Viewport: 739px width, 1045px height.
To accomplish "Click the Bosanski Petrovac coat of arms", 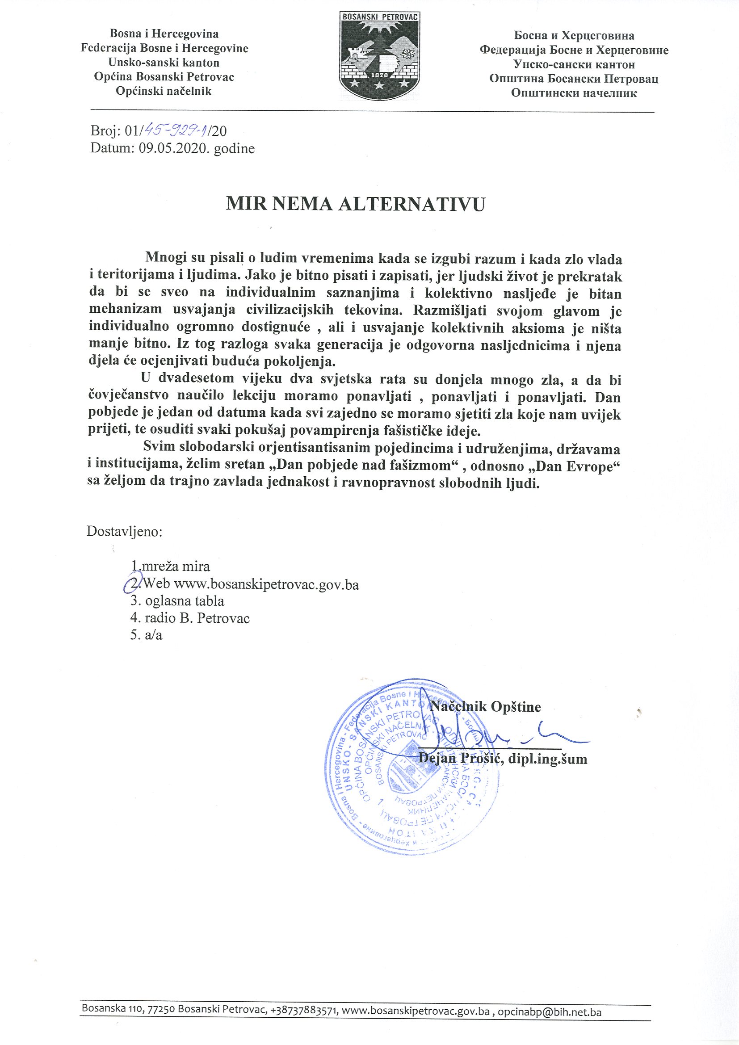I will (379, 56).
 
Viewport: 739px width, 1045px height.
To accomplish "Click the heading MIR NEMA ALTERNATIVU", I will (355, 204).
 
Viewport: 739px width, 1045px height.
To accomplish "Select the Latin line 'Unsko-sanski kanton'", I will (164, 63).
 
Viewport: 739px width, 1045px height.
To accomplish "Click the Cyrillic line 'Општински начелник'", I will (574, 93).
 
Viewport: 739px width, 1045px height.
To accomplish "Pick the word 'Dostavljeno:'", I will (125, 531).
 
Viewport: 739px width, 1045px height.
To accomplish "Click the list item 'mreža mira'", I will (176, 567).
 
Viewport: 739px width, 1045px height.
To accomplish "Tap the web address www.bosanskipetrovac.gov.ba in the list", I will (267, 584).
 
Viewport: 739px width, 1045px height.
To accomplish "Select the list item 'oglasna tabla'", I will (184, 601).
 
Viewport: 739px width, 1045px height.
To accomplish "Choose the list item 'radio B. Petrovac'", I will (197, 618).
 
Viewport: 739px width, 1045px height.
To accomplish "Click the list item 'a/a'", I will (153, 635).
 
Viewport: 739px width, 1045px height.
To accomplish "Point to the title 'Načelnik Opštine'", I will (485, 706).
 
